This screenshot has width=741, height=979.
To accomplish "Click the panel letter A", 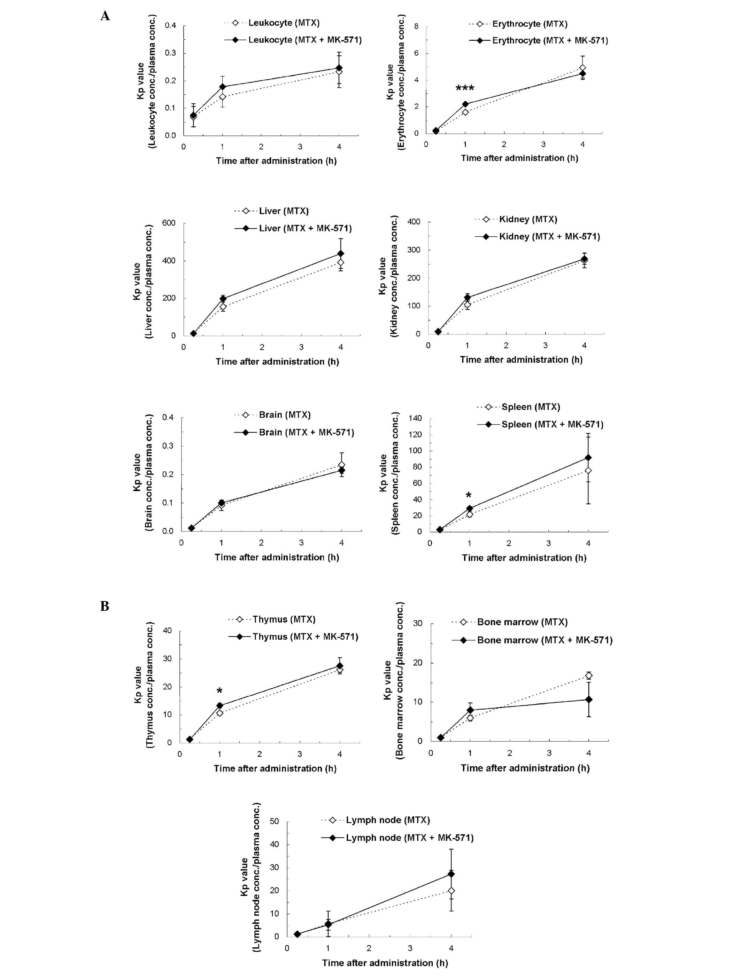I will click(x=105, y=16).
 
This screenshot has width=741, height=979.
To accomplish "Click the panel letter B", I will click(x=105, y=606).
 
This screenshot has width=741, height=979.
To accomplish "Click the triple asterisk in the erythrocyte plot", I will click(x=465, y=88).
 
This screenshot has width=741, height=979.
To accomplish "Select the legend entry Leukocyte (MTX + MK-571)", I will click(x=305, y=40).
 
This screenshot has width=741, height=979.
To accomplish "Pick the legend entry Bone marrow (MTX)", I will click(x=522, y=622).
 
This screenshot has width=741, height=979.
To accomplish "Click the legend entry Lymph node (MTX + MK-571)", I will click(x=409, y=837).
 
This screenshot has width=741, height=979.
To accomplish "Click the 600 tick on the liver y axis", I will click(x=168, y=223).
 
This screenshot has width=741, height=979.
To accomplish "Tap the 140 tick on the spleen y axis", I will click(x=415, y=418).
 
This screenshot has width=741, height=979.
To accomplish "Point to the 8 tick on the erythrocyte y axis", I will click(x=416, y=26).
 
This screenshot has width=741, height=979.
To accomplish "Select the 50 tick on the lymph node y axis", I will click(x=274, y=821).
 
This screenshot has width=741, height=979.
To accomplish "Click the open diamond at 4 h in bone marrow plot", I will click(x=589, y=676).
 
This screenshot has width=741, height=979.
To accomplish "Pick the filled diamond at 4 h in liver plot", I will click(x=341, y=254).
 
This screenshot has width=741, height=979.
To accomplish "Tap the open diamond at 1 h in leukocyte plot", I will click(x=223, y=96).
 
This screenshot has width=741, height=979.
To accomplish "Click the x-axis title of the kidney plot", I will click(x=521, y=360).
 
